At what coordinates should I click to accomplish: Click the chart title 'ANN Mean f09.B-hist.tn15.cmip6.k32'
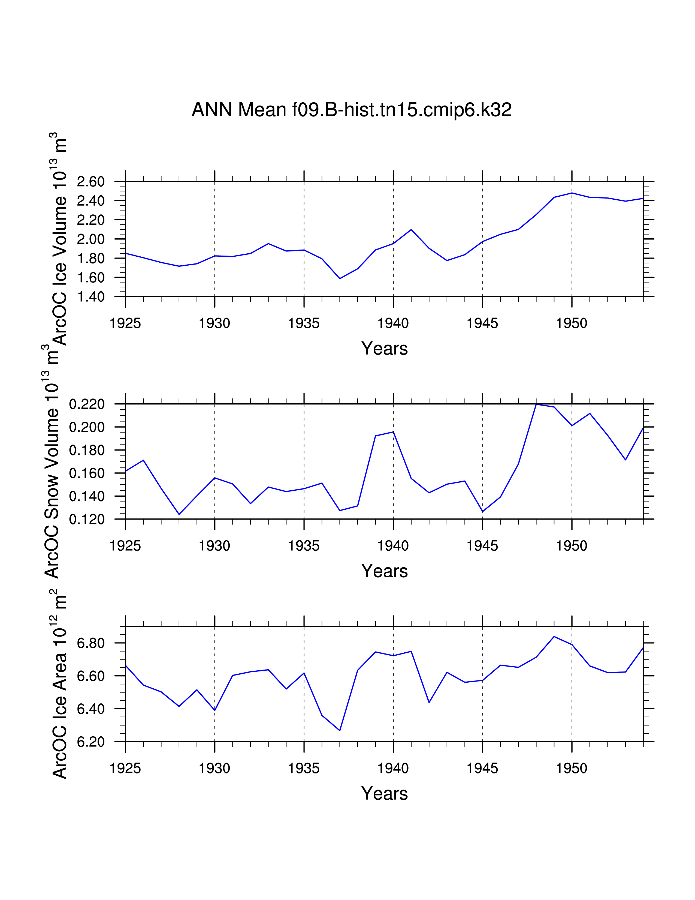[x=351, y=110]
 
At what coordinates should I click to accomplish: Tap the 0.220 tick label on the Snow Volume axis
[x=87, y=404]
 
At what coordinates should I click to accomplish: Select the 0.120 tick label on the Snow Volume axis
[x=87, y=519]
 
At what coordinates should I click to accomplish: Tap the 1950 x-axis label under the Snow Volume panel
[x=572, y=546]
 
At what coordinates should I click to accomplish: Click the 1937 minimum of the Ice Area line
[x=340, y=731]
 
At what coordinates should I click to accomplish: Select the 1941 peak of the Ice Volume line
[x=411, y=230]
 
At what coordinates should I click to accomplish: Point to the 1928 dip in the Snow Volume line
[x=179, y=514]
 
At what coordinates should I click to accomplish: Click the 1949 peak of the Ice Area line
[x=554, y=637]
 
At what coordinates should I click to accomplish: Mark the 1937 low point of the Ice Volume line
[x=340, y=278]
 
